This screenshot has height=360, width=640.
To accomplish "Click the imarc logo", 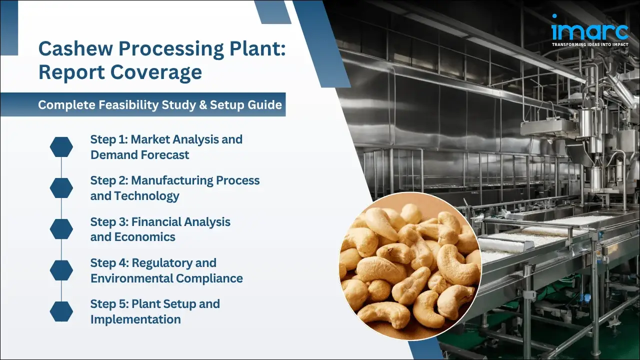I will click(x=589, y=30).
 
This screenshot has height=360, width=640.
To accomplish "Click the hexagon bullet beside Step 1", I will click(x=61, y=147).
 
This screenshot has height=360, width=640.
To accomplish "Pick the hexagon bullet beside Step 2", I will click(x=61, y=187).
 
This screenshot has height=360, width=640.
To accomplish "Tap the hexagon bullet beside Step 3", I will click(x=61, y=229).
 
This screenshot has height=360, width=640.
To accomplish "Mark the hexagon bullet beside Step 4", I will click(x=61, y=270).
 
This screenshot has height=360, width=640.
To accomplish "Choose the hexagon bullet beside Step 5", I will click(x=61, y=311).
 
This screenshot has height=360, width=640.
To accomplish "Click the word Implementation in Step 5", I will click(x=135, y=319).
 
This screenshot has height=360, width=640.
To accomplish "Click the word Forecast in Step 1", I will click(x=165, y=155).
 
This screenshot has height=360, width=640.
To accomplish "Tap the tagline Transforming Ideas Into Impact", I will click(x=589, y=45).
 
